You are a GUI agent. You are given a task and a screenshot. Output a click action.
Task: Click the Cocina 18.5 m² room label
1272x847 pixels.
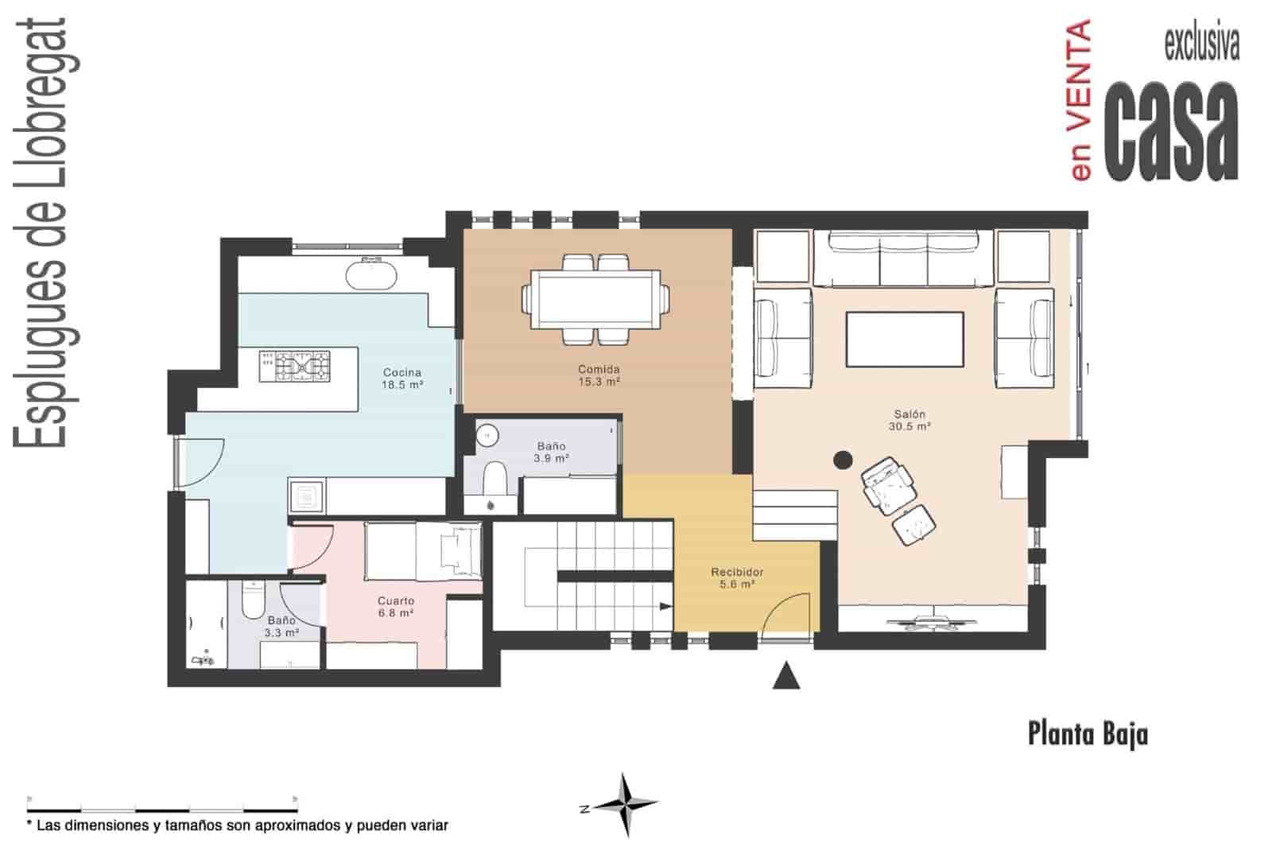tap(401, 378)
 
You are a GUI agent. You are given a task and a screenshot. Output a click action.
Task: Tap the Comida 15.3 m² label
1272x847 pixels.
tap(599, 375)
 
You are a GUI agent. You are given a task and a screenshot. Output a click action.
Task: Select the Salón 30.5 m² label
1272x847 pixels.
tap(909, 420)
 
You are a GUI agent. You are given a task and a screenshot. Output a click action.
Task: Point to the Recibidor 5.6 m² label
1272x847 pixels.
tap(737, 578)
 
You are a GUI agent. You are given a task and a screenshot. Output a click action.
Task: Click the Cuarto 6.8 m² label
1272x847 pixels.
tap(395, 607)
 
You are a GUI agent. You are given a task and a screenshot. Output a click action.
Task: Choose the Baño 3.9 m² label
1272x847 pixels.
tap(551, 453)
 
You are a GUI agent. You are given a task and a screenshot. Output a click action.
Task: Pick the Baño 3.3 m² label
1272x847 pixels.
tap(281, 626)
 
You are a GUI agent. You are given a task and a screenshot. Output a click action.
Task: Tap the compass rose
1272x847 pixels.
tap(626, 804)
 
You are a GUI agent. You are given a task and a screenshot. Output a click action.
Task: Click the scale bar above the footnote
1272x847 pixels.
tap(162, 798)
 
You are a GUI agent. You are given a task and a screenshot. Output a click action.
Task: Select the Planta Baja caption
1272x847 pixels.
tap(1088, 733)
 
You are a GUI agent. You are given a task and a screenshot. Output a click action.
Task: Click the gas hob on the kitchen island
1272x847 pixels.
tap(294, 367)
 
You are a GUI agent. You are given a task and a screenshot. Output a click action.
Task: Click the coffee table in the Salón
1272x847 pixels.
tap(905, 340)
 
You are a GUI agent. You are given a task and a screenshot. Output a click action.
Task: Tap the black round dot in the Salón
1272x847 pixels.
tap(843, 459)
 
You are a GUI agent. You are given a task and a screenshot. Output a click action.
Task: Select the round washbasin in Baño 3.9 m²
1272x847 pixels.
tap(487, 435)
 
